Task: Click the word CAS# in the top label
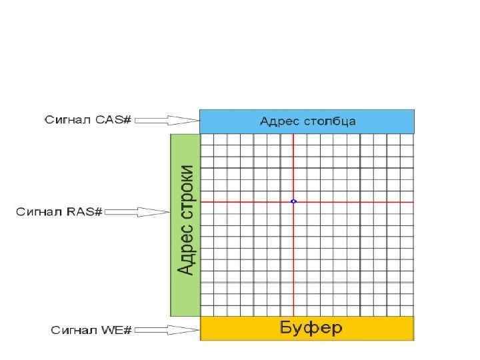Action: coord(114,120)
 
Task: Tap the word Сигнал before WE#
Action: coord(74,330)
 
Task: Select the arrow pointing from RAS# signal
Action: coord(138,212)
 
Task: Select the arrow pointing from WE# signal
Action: coord(167,330)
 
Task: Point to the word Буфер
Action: coord(310,328)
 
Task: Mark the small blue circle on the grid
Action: coord(293,201)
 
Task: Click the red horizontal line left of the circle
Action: coord(247,201)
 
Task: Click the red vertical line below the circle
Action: coord(293,260)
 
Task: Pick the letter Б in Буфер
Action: coord(284,328)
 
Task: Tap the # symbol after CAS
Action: coord(129,120)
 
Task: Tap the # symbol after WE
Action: coord(129,330)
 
